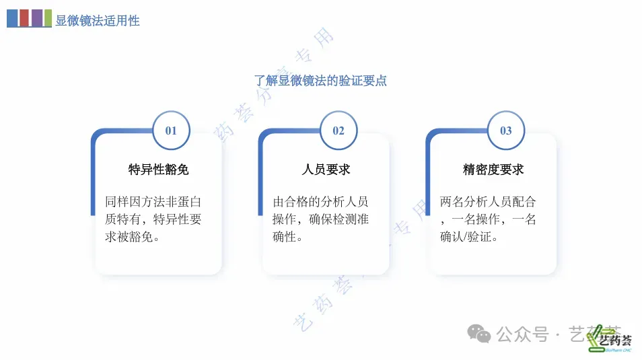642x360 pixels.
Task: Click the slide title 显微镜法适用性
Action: coord(98,21)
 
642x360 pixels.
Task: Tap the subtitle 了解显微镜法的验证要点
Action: coord(320,81)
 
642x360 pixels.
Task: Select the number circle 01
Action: coord(171,131)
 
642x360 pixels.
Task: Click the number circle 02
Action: coord(338,131)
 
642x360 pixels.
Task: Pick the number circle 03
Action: coord(506,131)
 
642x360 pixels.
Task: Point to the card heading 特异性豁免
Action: coord(159,170)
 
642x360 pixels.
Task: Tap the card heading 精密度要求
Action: coord(493,170)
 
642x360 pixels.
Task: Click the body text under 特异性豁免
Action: coord(154,219)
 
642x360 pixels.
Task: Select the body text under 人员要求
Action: coord(321,219)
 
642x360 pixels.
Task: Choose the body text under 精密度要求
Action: coord(489,219)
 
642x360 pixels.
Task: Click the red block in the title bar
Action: coord(24,18)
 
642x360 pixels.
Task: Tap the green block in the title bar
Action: coord(48,18)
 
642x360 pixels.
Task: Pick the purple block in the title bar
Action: coord(36,18)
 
